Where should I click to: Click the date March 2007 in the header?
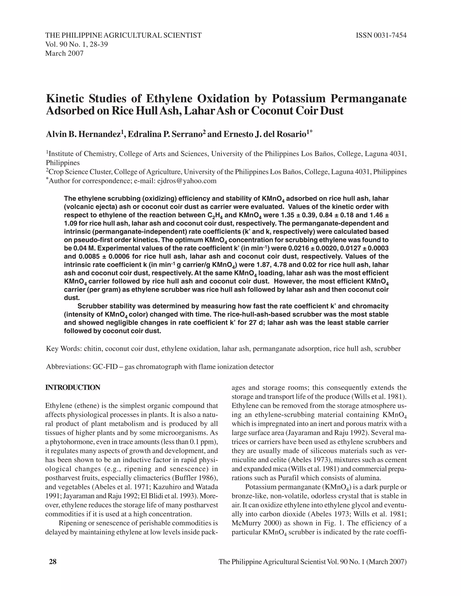[x=64, y=53]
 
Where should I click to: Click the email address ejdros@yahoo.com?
[x=187, y=181]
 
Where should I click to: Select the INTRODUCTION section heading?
[x=73, y=388]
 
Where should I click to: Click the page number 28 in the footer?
[x=52, y=562]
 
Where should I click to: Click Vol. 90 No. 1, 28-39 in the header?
[x=77, y=44]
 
